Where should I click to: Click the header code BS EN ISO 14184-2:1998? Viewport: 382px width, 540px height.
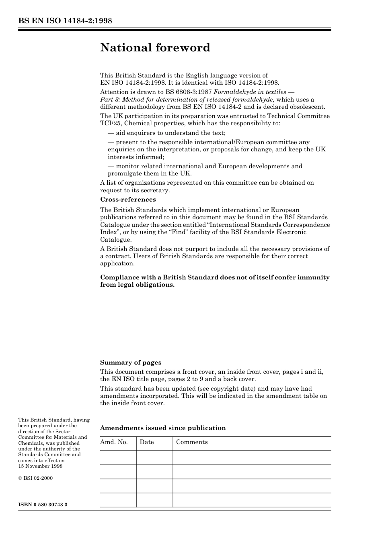point(65,21)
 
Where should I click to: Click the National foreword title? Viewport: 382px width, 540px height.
point(155,48)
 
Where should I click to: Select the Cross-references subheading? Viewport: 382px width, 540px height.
point(128,200)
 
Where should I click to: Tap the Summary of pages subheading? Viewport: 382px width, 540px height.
point(131,363)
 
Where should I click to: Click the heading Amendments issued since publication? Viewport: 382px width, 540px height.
point(163,428)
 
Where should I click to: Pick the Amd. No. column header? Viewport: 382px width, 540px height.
point(114,442)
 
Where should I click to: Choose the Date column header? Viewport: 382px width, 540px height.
point(147,442)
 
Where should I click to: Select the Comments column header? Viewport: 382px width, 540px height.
point(192,442)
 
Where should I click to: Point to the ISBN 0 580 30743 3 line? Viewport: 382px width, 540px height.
point(43,504)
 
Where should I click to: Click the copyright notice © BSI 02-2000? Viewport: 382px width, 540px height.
point(35,478)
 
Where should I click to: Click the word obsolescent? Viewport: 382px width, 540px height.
point(307,107)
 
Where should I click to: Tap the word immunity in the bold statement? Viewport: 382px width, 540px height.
point(312,277)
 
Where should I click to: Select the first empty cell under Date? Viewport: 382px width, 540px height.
point(154,458)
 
